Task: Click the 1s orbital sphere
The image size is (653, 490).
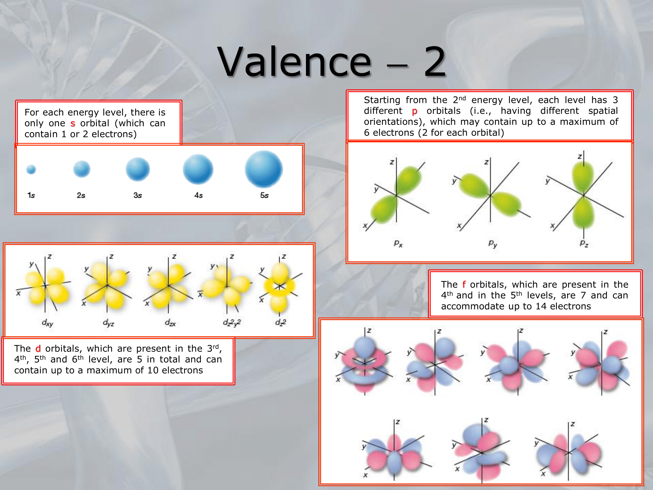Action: pyautogui.click(x=31, y=169)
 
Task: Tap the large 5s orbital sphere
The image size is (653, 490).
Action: pyautogui.click(x=264, y=169)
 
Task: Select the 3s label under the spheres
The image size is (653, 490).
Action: pyautogui.click(x=137, y=195)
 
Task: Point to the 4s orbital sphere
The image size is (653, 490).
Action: pyautogui.click(x=198, y=169)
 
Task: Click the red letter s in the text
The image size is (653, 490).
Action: pyautogui.click(x=73, y=123)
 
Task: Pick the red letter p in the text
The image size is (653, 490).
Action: pyautogui.click(x=414, y=111)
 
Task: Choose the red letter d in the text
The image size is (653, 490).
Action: pyautogui.click(x=38, y=349)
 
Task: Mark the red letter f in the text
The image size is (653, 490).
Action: pyautogui.click(x=464, y=284)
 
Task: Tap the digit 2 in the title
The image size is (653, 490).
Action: pyautogui.click(x=435, y=62)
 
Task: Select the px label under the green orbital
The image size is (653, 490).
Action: pyautogui.click(x=398, y=243)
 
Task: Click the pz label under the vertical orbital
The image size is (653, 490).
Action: pyautogui.click(x=584, y=243)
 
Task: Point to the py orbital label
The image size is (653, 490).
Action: pyautogui.click(x=492, y=244)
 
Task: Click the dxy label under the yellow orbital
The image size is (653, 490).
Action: pyautogui.click(x=47, y=323)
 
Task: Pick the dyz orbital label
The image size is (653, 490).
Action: pyautogui.click(x=108, y=323)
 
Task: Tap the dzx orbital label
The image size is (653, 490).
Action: pyautogui.click(x=170, y=323)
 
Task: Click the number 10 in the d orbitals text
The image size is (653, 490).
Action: pyautogui.click(x=153, y=370)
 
